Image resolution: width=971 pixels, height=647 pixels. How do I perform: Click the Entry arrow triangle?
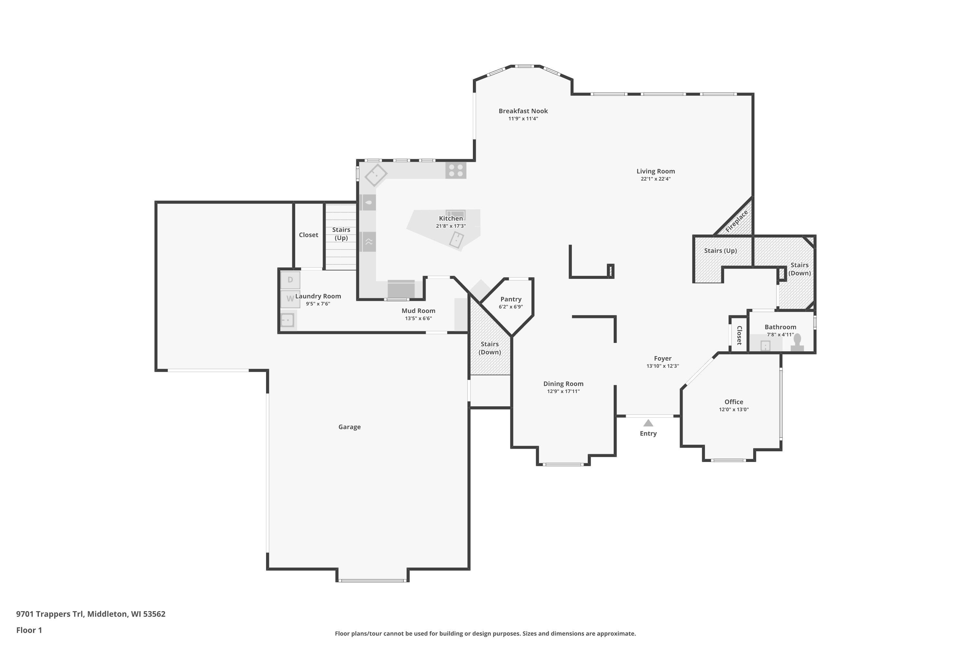648,423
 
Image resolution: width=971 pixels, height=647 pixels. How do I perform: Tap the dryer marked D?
290,280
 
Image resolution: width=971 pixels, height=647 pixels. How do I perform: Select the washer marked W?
290,299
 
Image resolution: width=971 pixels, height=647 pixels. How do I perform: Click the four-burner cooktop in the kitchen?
456,170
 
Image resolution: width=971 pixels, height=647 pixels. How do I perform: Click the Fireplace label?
737,222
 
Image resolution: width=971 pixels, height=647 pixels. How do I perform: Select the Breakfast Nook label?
523,111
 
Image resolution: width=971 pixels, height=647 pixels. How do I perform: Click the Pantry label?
511,299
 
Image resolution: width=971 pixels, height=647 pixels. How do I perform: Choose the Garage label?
349,427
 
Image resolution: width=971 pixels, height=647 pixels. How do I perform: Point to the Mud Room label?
418,311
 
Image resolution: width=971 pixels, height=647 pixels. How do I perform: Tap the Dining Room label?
563,384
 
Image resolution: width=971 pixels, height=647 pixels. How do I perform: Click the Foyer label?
663,358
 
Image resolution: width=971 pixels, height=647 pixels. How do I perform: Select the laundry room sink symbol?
287,320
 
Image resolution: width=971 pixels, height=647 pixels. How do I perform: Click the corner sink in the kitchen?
376,175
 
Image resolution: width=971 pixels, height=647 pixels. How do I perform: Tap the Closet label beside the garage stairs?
308,235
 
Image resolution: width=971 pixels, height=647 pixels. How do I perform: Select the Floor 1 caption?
29,630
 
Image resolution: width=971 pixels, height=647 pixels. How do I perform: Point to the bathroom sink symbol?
765,345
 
